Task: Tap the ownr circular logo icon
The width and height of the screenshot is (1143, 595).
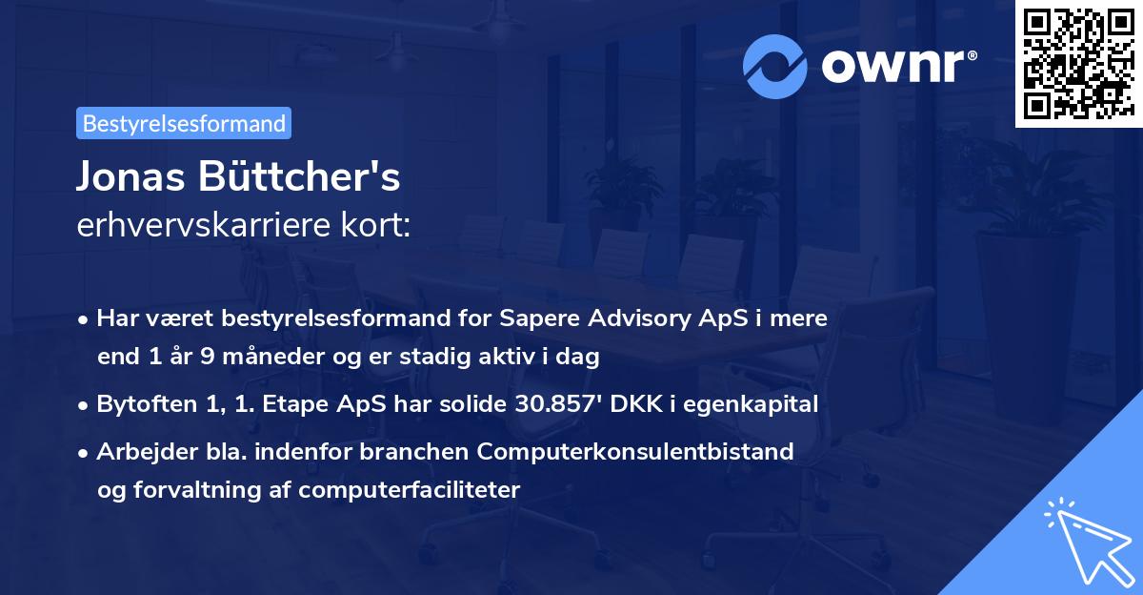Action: coord(776,65)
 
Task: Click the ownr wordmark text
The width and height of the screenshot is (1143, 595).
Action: coord(896,65)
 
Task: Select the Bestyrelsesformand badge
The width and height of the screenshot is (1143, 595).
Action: coord(184,123)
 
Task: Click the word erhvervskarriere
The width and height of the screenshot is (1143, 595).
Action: coord(195,228)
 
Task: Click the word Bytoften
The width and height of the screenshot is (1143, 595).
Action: coord(141,403)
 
